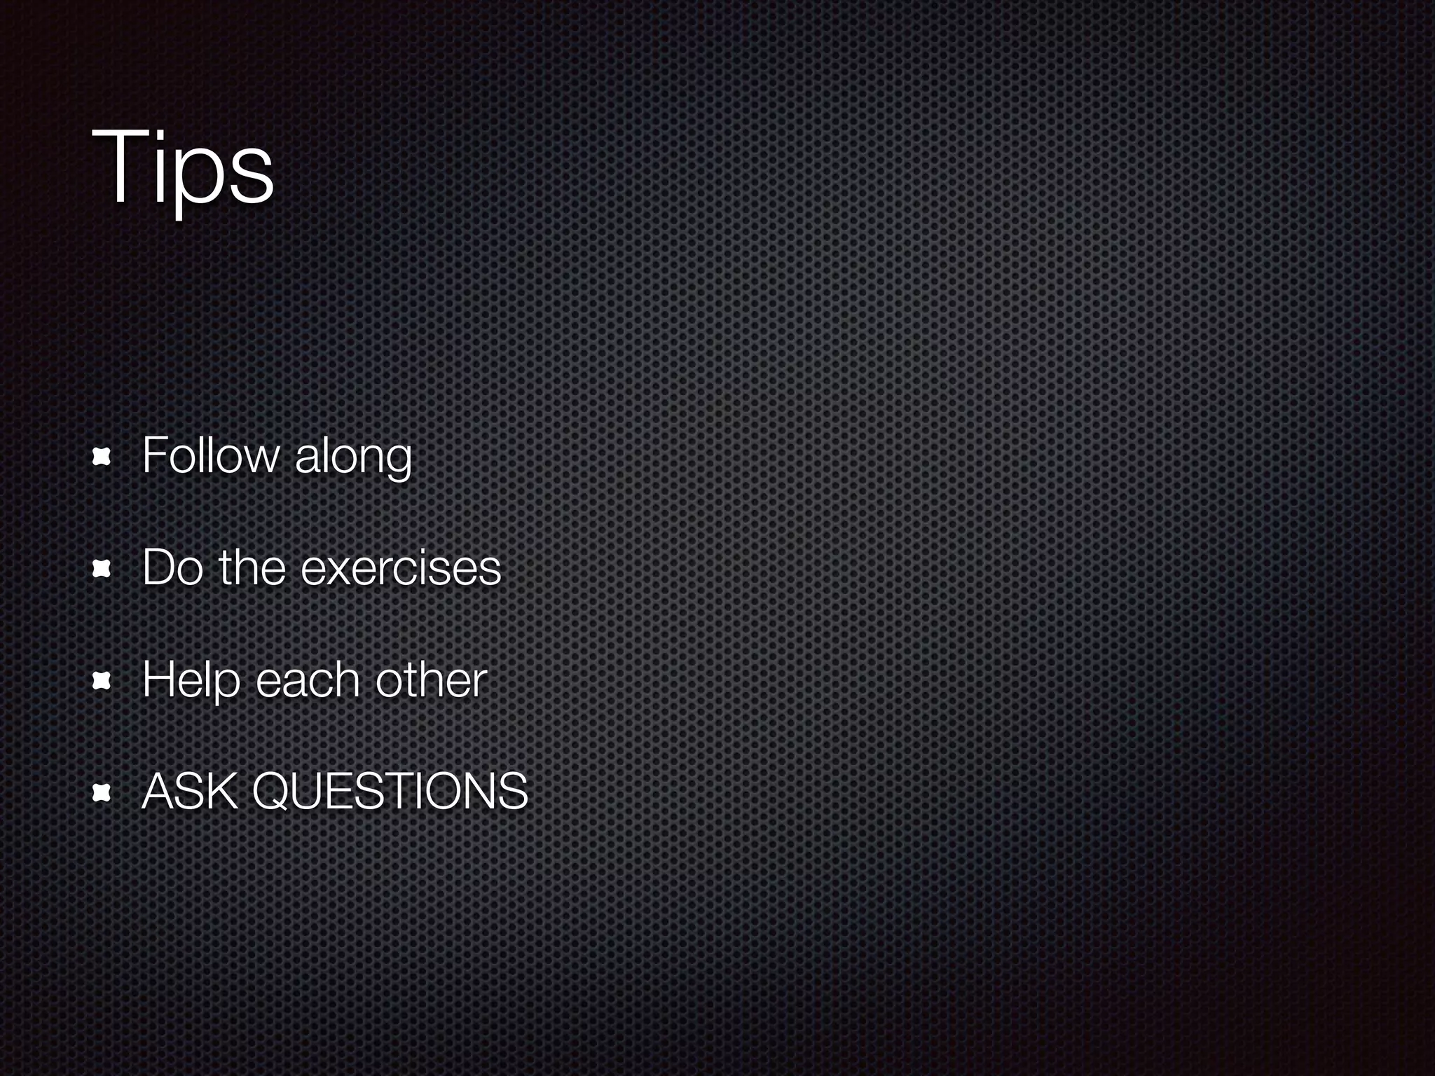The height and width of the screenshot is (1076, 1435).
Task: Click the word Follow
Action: point(210,455)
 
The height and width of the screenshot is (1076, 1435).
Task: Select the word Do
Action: point(171,567)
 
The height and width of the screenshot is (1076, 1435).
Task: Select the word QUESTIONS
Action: point(390,792)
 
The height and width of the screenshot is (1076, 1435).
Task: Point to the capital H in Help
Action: point(158,680)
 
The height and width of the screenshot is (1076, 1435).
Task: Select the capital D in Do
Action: point(158,567)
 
